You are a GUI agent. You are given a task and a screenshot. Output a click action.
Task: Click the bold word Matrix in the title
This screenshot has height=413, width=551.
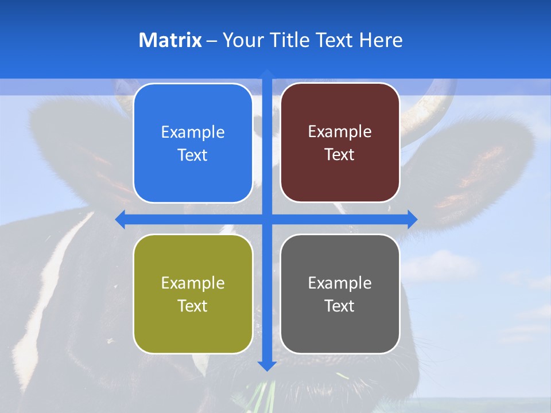pyautogui.click(x=170, y=40)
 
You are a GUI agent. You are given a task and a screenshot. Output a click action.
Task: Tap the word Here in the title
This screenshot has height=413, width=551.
pyautogui.click(x=381, y=40)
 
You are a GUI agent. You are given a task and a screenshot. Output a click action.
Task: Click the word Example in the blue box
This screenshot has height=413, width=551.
pyautogui.click(x=193, y=133)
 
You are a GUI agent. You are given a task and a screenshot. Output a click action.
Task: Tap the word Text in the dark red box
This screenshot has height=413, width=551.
pyautogui.click(x=340, y=155)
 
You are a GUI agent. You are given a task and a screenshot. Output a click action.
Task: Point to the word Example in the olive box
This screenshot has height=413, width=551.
pyautogui.click(x=193, y=283)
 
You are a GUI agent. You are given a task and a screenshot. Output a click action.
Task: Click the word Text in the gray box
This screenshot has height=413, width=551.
pyautogui.click(x=340, y=306)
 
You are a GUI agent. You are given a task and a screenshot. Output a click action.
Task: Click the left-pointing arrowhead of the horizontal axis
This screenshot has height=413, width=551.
pyautogui.click(x=121, y=219)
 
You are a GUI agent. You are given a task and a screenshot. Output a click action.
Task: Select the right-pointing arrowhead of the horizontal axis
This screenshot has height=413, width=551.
pyautogui.click(x=412, y=219)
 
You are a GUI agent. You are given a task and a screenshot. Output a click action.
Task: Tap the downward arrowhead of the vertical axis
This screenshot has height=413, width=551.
pyautogui.click(x=266, y=365)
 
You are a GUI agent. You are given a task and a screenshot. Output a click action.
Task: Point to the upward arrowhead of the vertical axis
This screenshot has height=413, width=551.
pyautogui.click(x=266, y=73)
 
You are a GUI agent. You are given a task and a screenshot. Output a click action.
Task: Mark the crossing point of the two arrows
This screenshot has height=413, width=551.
pyautogui.click(x=266, y=219)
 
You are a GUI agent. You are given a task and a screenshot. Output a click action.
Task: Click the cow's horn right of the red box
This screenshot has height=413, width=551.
pyautogui.click(x=425, y=109)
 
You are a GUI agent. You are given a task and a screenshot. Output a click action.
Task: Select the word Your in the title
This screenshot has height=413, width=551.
pyautogui.click(x=241, y=40)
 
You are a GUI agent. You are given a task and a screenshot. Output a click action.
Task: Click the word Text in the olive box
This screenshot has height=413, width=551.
pyautogui.click(x=193, y=306)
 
